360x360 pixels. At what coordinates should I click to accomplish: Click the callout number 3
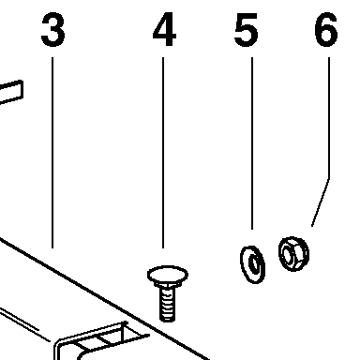coord(52,30)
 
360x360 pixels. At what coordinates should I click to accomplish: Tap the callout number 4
coord(164,30)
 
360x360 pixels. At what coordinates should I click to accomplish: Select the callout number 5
coord(247,30)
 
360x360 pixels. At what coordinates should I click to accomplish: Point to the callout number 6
coord(326,30)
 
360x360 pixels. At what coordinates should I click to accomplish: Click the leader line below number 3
coord(52,153)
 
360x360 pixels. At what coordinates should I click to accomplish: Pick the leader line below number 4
coord(163,153)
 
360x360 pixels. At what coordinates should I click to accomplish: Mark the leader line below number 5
coord(252,143)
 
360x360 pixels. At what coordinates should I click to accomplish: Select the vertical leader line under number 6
coord(329,118)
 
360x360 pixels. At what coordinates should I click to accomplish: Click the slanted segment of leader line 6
coord(321,202)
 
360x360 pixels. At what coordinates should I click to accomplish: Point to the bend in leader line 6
coord(329,179)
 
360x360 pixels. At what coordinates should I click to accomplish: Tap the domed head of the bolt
coord(168,274)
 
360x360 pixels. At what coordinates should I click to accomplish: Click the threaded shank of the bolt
coord(168,304)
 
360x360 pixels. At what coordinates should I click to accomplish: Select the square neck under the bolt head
coord(168,284)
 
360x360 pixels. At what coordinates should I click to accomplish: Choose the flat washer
coord(252,264)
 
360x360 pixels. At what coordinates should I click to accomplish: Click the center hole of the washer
coord(254,264)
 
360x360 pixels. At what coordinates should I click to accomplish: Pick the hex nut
coord(293,254)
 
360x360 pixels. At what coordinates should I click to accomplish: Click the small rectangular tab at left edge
coord(11,92)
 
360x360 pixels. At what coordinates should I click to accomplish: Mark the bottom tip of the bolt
coord(167,321)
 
